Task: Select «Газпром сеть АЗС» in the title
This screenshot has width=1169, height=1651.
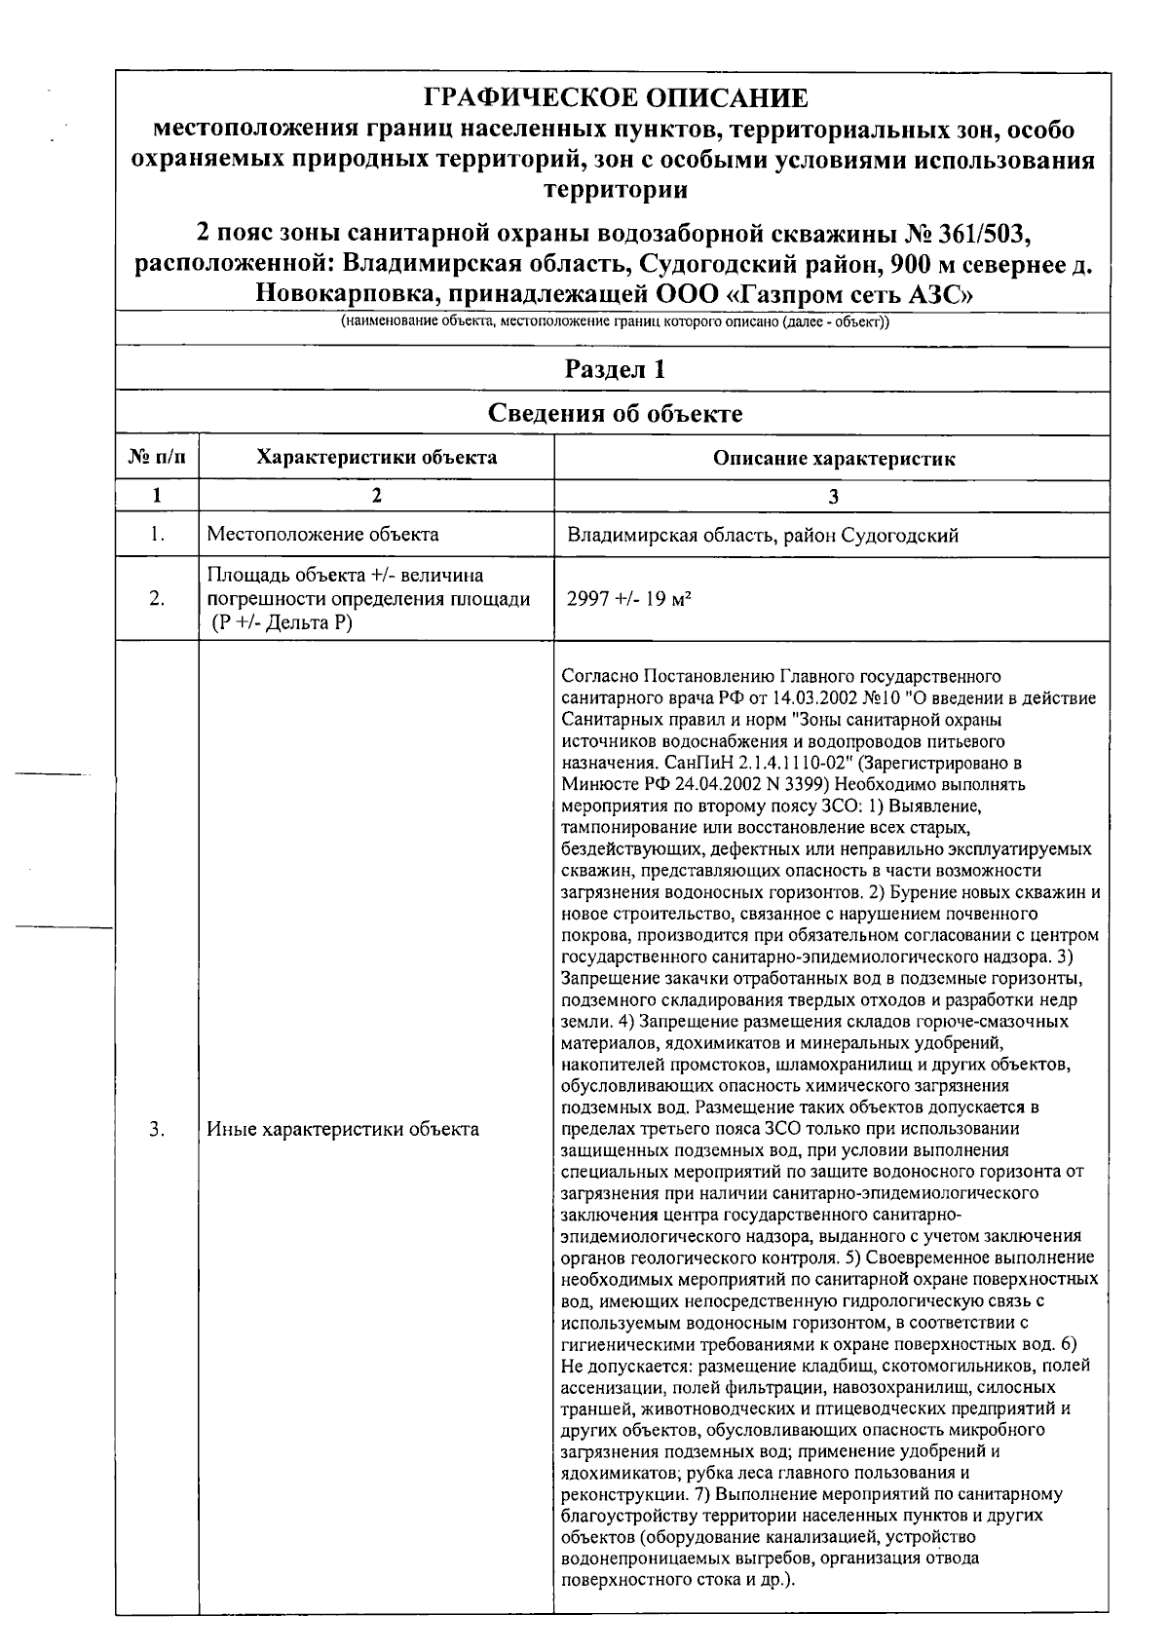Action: (x=856, y=292)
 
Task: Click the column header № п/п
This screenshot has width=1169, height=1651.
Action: (x=157, y=458)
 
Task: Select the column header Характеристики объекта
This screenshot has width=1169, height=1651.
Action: (x=376, y=458)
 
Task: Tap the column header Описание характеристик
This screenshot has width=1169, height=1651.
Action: (x=834, y=459)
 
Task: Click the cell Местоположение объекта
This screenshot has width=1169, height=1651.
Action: (x=322, y=534)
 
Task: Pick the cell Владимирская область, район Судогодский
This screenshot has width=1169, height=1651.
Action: (x=763, y=535)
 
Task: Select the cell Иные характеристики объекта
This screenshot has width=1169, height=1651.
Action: (x=343, y=1129)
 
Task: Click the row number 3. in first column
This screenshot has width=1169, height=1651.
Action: (x=157, y=1129)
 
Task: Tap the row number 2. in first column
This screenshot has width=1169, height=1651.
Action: (x=157, y=599)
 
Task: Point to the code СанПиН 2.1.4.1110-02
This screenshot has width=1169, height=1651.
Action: (x=739, y=763)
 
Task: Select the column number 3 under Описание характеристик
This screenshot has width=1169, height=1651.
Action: (x=833, y=496)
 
